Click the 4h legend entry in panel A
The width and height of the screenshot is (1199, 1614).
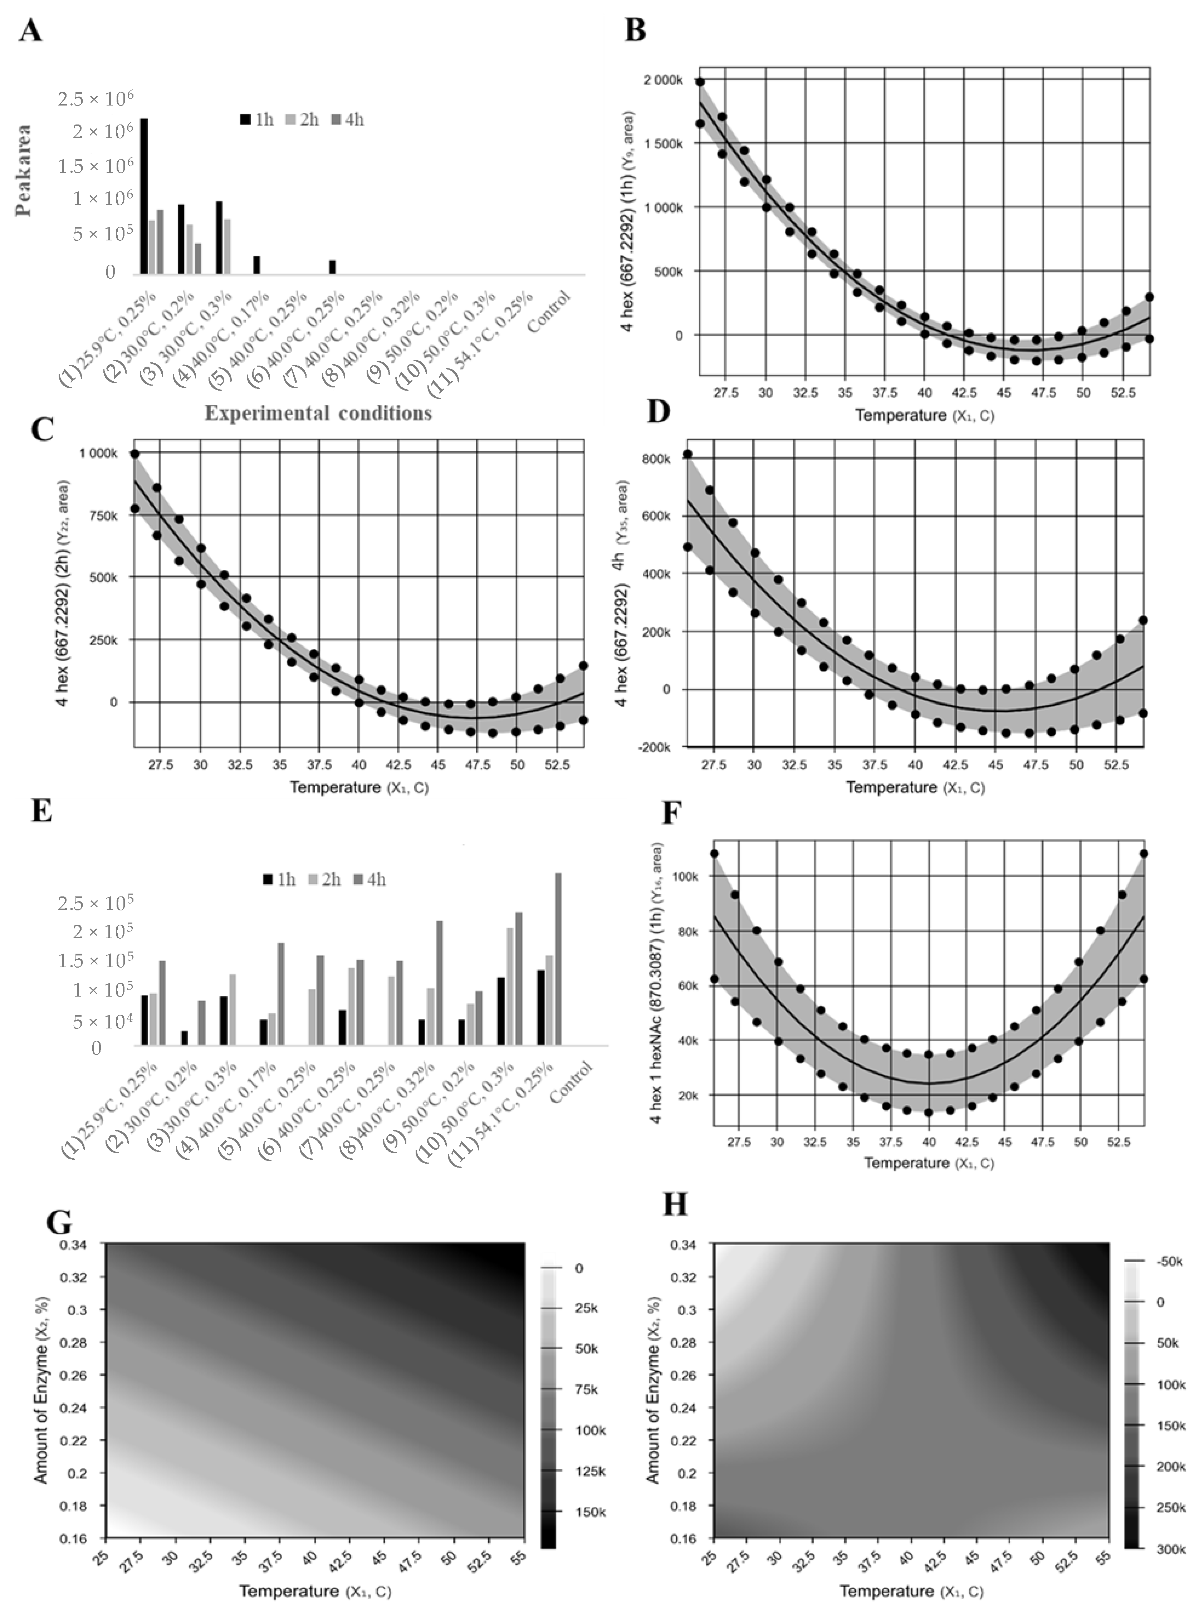pyautogui.click(x=347, y=120)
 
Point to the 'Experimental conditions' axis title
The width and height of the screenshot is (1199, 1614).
pyautogui.click(x=318, y=413)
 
